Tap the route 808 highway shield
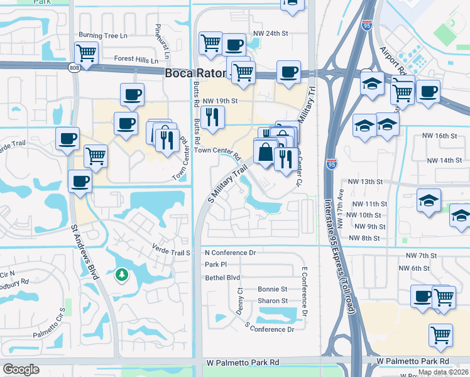74,67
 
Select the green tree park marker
121,275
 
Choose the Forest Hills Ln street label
136,60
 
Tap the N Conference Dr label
230,252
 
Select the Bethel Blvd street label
222,277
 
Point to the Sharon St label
272,301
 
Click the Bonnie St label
272,289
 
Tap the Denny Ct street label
239,301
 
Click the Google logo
21,369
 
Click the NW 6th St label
417,268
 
